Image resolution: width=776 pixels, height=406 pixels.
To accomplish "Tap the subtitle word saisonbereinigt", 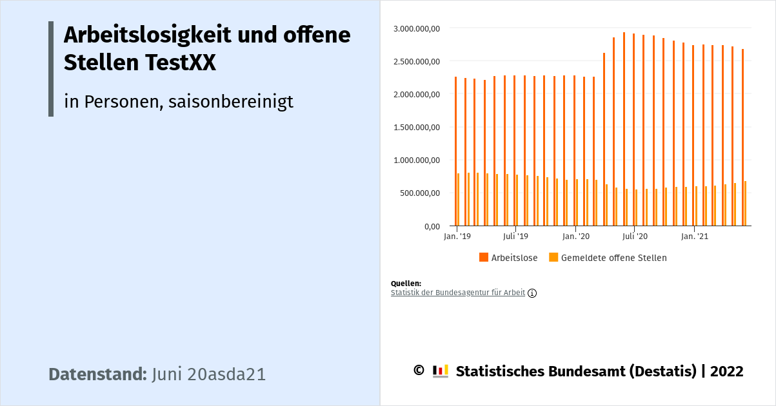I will point(231,101).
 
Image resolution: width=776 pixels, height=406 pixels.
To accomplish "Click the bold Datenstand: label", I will point(98,374).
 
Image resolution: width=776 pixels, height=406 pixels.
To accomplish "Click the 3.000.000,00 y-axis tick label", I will point(416,28).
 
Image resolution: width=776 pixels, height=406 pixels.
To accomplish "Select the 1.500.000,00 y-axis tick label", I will point(416,127).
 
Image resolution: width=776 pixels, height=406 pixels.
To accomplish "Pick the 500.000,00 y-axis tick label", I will point(419,193).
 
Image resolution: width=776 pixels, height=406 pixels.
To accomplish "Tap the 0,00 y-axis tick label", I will point(431,226).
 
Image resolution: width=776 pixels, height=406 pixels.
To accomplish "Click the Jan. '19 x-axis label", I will point(457,237).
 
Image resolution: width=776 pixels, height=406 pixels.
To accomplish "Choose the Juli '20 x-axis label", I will point(635,237).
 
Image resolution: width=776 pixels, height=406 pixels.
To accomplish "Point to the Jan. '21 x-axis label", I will point(694,237).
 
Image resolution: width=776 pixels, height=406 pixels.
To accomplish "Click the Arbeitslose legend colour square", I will point(484,257).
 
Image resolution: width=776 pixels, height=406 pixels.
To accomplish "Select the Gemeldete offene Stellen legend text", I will point(613,258).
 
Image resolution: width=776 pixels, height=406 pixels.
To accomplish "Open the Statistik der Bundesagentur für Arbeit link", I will point(458,293).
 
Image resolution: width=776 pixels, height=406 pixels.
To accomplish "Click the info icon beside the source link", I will point(532,293).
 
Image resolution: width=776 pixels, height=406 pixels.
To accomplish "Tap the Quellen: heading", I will point(406,284).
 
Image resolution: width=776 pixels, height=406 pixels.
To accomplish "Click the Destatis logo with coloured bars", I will point(441,371).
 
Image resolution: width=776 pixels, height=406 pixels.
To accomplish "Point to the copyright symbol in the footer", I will point(418,371).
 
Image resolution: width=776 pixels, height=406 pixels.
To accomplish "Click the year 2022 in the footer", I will point(727,371).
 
